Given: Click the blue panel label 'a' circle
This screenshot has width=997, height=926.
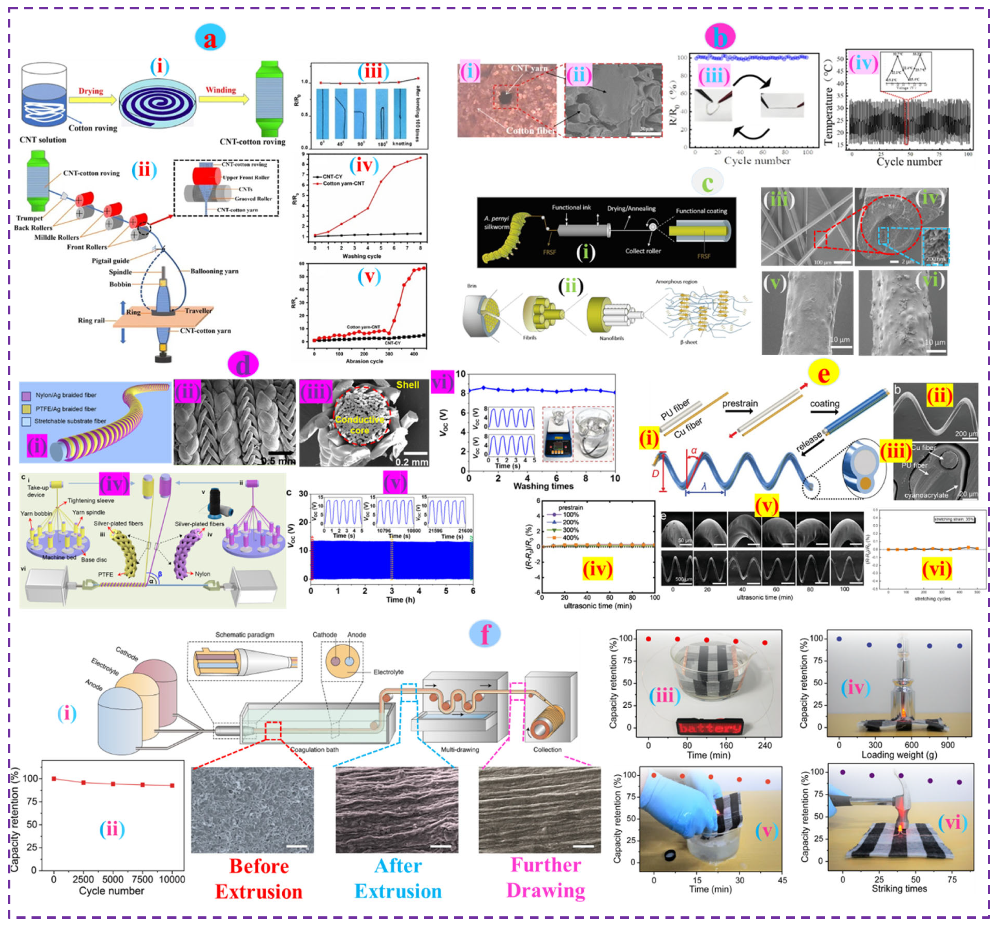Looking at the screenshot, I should tap(210, 38).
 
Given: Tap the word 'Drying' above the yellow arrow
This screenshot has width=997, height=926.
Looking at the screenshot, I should tap(91, 91).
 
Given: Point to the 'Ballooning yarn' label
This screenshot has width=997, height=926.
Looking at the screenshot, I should tap(214, 271).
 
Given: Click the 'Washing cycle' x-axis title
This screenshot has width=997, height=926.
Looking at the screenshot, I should tap(362, 256).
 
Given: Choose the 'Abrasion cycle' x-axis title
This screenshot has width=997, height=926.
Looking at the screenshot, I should tap(364, 361).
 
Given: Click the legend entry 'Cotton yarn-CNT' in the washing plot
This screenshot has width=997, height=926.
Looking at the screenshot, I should tap(344, 183).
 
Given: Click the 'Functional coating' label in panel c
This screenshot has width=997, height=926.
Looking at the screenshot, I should tap(701, 211).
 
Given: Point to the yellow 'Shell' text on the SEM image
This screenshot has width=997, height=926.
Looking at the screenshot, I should tap(407, 385).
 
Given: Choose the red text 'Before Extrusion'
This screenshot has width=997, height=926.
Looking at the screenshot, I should tap(259, 880).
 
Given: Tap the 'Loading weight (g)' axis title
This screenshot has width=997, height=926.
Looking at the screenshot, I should tap(899, 754).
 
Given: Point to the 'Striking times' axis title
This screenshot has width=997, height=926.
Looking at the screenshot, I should tap(899, 888).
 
